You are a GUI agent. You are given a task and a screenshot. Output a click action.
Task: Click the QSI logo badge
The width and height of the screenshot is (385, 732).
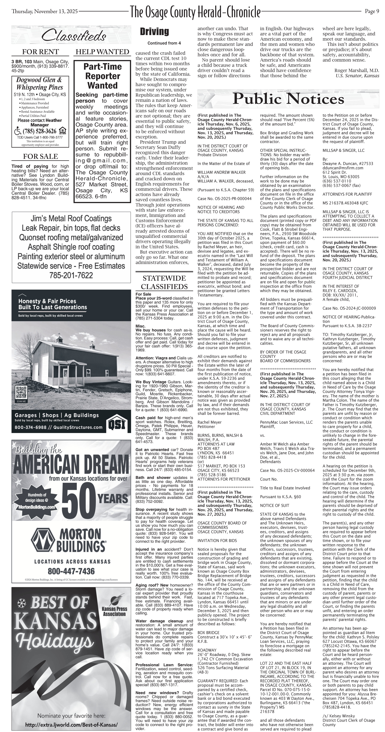pos(116,424)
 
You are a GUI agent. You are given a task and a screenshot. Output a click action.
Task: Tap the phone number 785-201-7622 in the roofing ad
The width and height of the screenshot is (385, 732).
pos(71,275)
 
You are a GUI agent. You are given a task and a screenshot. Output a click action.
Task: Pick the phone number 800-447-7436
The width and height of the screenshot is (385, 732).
pos(71,571)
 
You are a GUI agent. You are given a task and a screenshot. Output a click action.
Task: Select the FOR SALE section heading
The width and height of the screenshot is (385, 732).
pos(40,156)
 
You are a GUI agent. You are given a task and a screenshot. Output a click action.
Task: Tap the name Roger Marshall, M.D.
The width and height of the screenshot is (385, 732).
pos(357,70)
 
